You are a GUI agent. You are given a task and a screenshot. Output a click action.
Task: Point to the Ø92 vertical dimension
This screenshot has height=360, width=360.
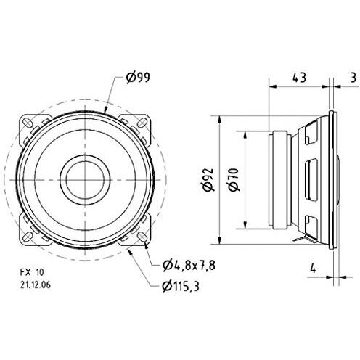click(x=208, y=179)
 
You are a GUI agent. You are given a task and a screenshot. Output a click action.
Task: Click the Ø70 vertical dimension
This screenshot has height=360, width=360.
click(x=233, y=179)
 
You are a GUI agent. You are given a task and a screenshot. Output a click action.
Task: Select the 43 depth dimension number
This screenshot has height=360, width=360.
click(x=298, y=76)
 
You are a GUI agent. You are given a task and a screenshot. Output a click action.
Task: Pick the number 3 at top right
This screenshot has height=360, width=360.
click(x=352, y=76)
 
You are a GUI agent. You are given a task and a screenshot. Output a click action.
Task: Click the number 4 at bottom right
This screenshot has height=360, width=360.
click(x=313, y=266)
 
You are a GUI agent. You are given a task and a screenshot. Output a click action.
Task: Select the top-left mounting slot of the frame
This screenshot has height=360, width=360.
click(x=32, y=123)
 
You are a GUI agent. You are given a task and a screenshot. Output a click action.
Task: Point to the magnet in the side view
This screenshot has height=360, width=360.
click(x=279, y=179)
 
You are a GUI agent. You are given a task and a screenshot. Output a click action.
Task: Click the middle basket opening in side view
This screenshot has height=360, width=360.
click(x=311, y=179)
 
